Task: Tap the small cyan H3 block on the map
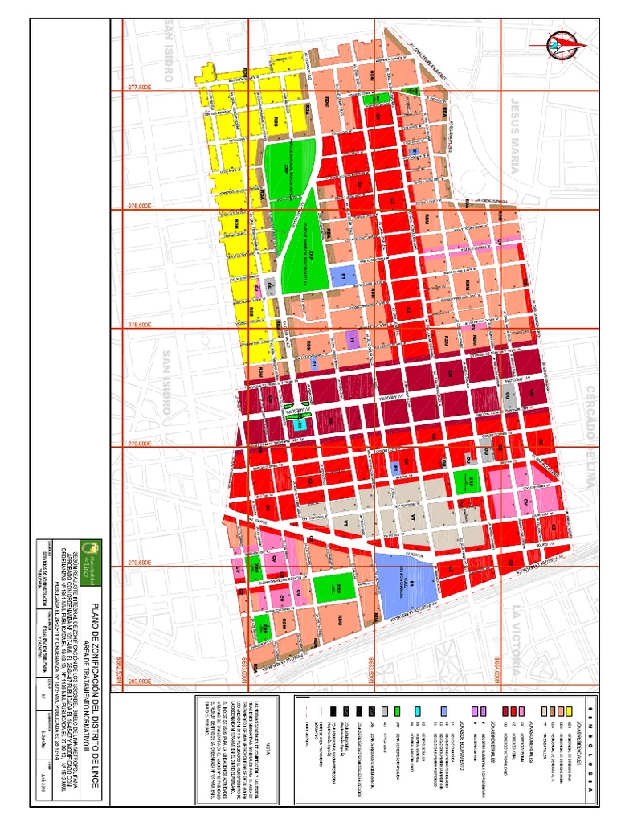click(x=296, y=424)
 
